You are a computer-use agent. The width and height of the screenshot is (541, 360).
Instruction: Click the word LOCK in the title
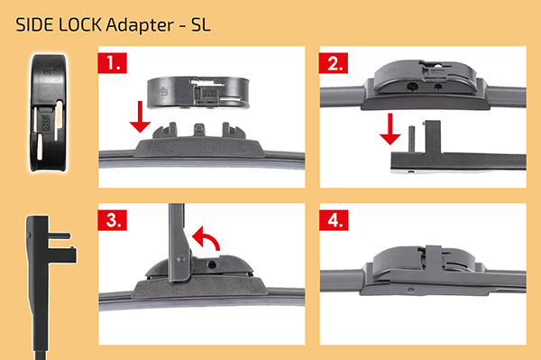coord(80,25)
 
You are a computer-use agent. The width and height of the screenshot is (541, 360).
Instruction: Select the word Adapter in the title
coord(140,25)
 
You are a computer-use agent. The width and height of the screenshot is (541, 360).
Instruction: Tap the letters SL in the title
coord(200,25)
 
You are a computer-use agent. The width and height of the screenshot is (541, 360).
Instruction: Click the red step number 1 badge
coord(113,63)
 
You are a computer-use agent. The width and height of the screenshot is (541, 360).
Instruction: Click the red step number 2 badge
coord(334,63)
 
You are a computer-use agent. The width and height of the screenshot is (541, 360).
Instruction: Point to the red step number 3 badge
coord(113,220)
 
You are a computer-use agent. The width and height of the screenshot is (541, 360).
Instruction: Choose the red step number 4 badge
coord(334,220)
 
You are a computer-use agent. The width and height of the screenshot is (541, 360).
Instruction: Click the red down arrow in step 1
coord(140,116)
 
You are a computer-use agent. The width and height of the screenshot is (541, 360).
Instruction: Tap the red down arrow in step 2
coord(390,129)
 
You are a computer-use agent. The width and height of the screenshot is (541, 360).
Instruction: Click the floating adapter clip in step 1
coord(198,93)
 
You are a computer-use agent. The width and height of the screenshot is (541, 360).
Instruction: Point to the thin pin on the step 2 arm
coord(411,140)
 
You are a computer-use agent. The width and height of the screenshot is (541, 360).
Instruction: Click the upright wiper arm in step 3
coord(179,243)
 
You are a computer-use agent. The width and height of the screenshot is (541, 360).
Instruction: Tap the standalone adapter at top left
coord(48,113)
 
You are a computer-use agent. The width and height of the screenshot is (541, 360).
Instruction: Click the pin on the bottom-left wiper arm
coord(60,236)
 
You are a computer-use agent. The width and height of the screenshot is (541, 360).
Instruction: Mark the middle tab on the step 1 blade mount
coord(199,129)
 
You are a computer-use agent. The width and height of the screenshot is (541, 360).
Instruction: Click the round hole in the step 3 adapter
coord(212,264)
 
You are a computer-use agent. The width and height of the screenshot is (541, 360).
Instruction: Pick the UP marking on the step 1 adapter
coord(163,92)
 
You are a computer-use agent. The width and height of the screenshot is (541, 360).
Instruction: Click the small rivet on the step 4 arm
coord(410,290)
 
